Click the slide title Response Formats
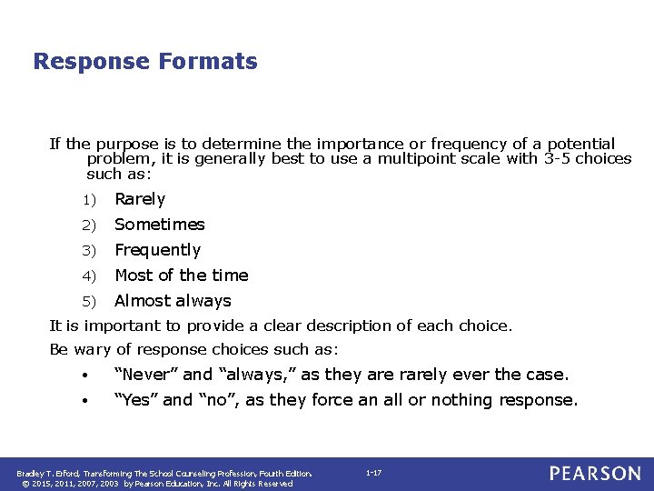click(145, 62)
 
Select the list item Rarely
click(140, 199)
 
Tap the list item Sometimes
click(160, 225)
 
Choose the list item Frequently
click(157, 250)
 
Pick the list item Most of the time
click(181, 276)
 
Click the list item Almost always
click(173, 301)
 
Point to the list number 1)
click(88, 200)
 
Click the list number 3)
click(88, 251)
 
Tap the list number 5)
click(88, 302)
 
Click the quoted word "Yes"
click(136, 400)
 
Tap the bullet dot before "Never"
click(84, 376)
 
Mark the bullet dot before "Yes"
click(84, 401)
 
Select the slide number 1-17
click(373, 473)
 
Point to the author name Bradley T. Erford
click(47, 473)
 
